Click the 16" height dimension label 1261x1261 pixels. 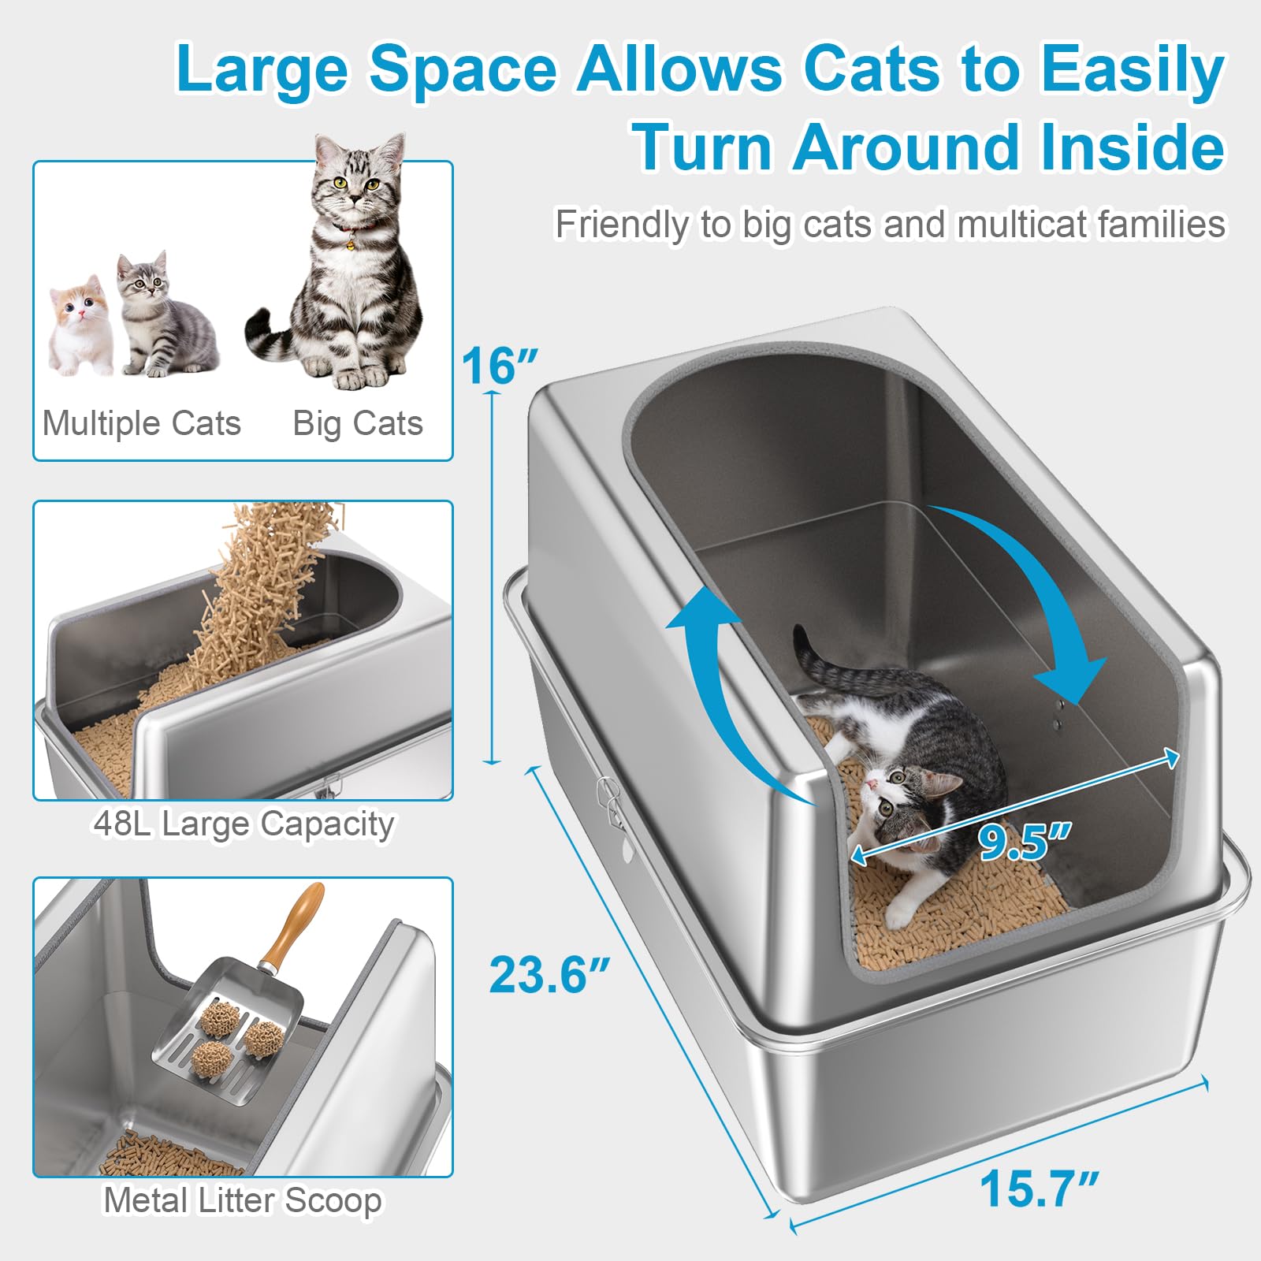pos(499,366)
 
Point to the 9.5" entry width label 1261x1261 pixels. pos(1023,841)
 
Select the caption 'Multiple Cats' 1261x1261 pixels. pos(142,423)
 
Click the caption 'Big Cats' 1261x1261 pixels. pos(358,423)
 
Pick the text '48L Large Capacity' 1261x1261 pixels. pos(244,824)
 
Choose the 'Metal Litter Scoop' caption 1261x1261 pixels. pos(243,1200)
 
